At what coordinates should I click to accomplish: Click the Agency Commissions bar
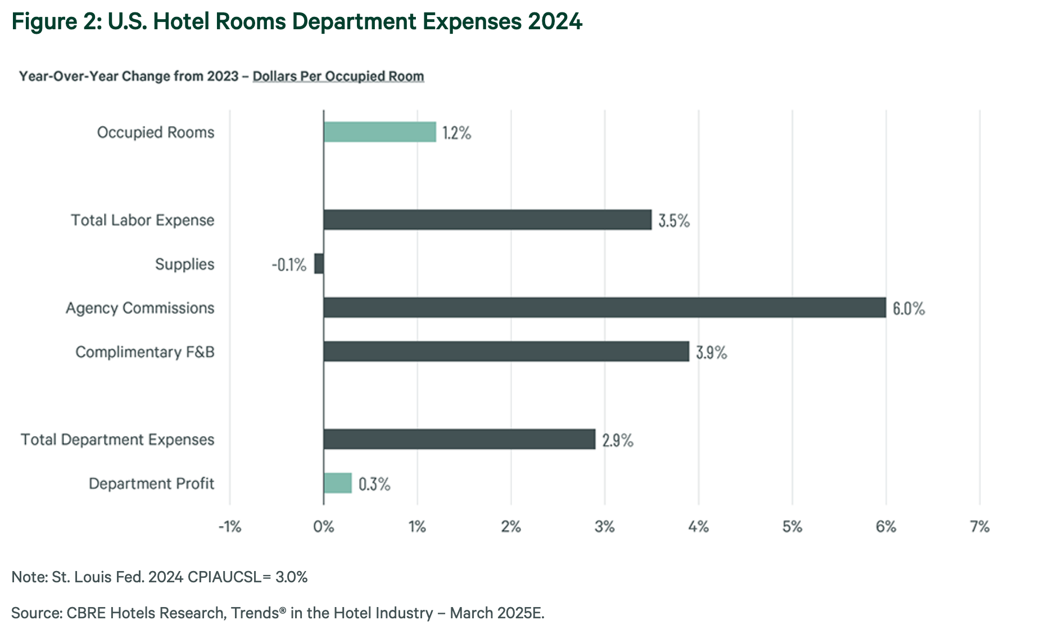[604, 308]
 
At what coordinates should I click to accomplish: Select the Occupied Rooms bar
[379, 132]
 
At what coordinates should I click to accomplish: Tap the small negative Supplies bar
[319, 264]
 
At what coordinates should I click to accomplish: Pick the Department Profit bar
[338, 483]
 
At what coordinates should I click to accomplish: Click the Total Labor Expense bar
[487, 220]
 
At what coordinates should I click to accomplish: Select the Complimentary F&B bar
[506, 352]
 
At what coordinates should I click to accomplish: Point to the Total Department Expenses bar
[459, 439]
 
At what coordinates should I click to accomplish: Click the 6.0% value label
[908, 309]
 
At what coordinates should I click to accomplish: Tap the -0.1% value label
[289, 264]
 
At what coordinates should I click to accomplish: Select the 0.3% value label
[374, 484]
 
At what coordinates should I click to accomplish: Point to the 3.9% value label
[712, 353]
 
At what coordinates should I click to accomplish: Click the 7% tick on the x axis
[980, 527]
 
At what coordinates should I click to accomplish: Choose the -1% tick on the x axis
[229, 527]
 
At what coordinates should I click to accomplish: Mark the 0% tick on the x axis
[324, 527]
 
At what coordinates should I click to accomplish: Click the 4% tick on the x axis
[699, 527]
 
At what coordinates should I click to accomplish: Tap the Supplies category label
[184, 264]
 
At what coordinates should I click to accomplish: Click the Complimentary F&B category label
[145, 352]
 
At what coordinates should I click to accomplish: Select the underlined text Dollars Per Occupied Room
[338, 76]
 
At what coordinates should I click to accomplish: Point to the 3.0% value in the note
[291, 577]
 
